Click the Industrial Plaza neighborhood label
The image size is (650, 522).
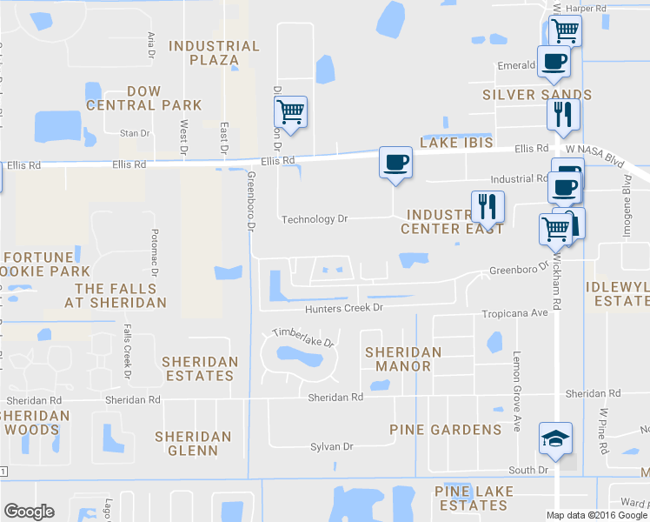(214, 53)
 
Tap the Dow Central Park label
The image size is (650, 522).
(144, 98)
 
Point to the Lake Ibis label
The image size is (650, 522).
(456, 143)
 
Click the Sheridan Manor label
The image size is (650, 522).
(403, 359)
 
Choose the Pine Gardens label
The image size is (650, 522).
(446, 430)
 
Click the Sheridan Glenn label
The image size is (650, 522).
(193, 443)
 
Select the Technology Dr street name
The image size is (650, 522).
(314, 219)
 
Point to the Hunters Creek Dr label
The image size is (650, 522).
(343, 308)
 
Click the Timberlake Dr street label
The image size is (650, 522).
(303, 337)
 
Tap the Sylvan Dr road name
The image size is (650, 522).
(332, 446)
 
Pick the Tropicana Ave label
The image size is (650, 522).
(516, 313)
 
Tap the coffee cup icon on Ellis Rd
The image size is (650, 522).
(395, 163)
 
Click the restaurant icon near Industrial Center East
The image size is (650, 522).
(487, 206)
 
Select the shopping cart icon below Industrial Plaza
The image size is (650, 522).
(290, 111)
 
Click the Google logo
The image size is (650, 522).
(29, 512)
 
